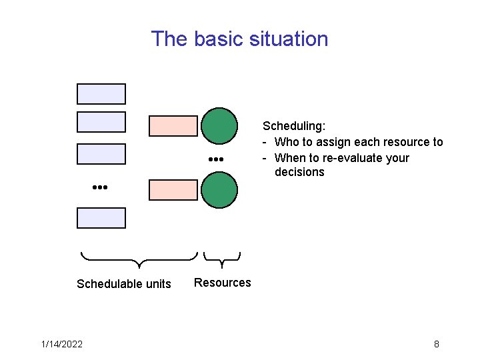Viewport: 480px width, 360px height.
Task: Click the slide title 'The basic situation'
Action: [239, 39]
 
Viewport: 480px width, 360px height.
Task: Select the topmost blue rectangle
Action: [101, 94]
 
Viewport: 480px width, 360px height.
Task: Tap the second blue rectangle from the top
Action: [101, 122]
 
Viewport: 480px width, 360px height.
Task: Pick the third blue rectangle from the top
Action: [101, 154]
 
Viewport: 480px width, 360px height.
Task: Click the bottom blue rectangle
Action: [101, 218]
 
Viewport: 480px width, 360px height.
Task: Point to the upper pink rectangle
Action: [173, 126]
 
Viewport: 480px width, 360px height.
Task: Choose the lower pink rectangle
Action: [173, 190]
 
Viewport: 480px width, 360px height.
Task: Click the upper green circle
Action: [219, 126]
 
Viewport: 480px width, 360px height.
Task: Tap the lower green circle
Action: [219, 190]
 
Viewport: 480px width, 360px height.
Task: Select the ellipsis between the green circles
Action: [214, 160]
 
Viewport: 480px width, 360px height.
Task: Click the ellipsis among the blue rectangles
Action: [99, 188]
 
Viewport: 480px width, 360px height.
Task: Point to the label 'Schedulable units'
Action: [124, 284]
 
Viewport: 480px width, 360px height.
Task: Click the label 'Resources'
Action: [223, 283]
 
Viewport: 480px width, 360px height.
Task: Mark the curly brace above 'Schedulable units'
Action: [139, 259]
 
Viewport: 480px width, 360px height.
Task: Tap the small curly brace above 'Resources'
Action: [221, 259]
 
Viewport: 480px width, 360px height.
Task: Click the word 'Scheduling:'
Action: [294, 125]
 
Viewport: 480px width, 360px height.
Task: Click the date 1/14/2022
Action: [62, 344]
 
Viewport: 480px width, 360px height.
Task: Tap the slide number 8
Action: [436, 344]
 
